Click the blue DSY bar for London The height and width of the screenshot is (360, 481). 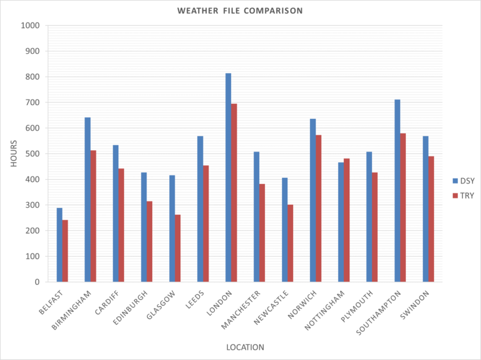pyautogui.click(x=229, y=178)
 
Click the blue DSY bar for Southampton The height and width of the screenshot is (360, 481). pyautogui.click(x=398, y=191)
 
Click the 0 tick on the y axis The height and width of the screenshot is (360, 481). pyautogui.click(x=37, y=282)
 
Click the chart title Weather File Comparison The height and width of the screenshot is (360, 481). pyautogui.click(x=240, y=11)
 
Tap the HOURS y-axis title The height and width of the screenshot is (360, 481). pyautogui.click(x=14, y=154)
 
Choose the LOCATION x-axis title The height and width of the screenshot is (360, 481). pyautogui.click(x=245, y=347)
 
